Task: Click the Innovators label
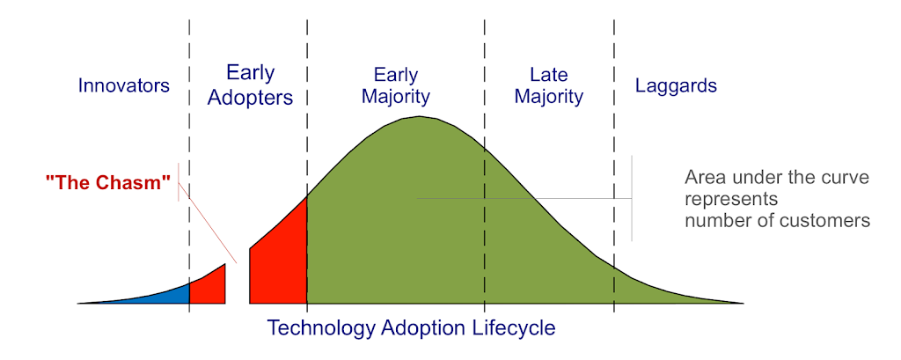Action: (x=124, y=85)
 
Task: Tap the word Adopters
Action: (x=251, y=98)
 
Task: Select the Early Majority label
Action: (x=395, y=85)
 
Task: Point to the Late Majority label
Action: (x=549, y=85)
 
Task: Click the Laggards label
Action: (x=676, y=86)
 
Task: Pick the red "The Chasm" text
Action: (x=108, y=182)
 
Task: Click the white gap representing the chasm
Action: (x=238, y=282)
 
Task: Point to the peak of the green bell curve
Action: (x=419, y=117)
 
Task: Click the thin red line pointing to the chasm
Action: (x=208, y=223)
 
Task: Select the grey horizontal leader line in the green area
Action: (x=524, y=199)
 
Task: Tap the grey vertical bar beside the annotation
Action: (x=632, y=198)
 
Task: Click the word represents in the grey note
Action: (x=730, y=200)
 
